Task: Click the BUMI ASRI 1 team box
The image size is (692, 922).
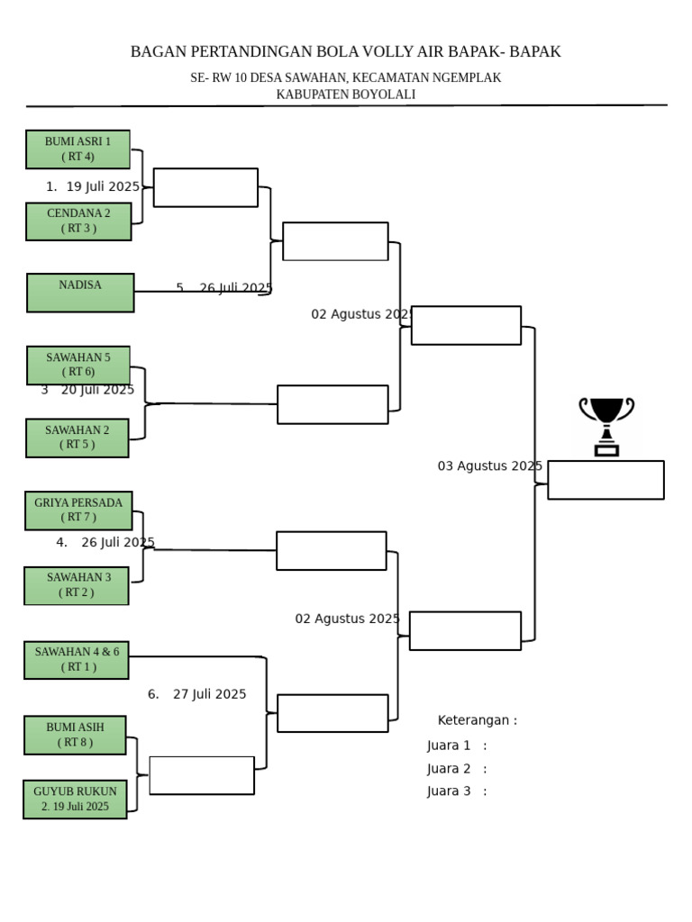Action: pos(77,149)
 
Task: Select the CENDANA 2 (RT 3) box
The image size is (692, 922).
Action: pos(78,221)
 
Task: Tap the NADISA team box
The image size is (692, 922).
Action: pos(80,293)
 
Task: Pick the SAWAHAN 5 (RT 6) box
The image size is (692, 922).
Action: pos(78,366)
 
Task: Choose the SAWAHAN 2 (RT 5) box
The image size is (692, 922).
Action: pos(77,438)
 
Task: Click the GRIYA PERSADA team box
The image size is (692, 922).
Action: pos(78,511)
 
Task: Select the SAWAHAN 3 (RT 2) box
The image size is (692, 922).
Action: pos(77,585)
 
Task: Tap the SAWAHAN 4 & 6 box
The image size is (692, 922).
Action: pos(77,660)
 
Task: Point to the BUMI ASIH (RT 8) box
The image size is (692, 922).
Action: pos(75,735)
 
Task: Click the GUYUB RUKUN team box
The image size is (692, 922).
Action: pos(75,800)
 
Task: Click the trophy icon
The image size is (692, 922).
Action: pos(606,426)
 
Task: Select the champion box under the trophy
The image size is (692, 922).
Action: pos(606,481)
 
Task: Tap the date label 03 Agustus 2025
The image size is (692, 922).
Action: pos(489,466)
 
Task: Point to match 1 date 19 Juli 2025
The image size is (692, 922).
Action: pos(103,187)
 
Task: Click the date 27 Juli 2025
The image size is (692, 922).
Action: pos(209,694)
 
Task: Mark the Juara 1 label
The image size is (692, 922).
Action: pos(449,746)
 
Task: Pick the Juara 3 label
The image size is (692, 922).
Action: pos(449,791)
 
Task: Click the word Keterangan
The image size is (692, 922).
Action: pos(473,720)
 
